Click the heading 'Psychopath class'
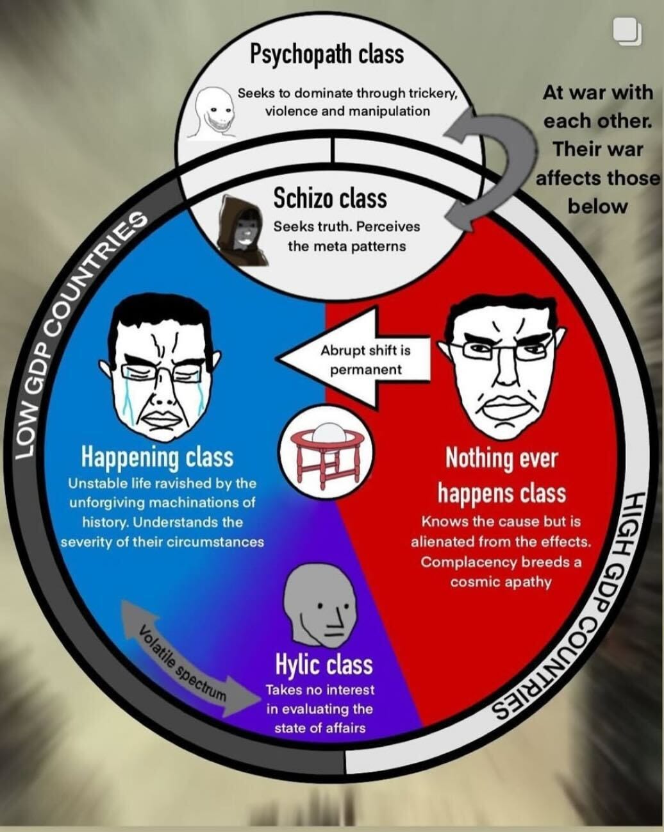click(x=326, y=54)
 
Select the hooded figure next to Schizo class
click(x=242, y=229)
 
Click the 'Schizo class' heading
click(x=330, y=198)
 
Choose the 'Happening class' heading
click(x=156, y=457)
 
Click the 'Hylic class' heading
click(x=324, y=665)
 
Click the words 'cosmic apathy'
click(x=501, y=582)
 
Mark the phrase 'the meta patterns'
click(x=346, y=246)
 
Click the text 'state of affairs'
click(x=320, y=728)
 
